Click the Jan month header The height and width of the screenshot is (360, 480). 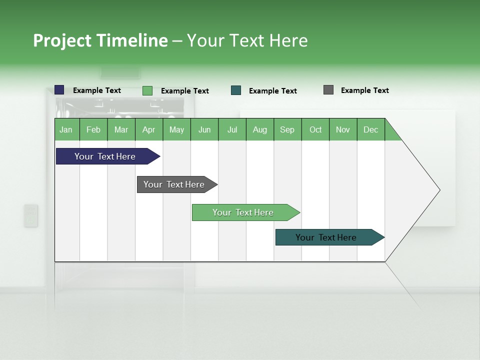[x=66, y=129]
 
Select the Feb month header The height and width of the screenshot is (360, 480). [x=93, y=129]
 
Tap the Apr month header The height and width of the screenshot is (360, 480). [x=149, y=129]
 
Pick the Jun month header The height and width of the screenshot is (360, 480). [x=204, y=129]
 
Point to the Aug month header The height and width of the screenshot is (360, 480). [x=260, y=129]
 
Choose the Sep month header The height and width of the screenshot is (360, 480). [x=287, y=129]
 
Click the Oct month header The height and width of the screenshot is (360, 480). [x=315, y=129]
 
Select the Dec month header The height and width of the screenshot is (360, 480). [x=371, y=129]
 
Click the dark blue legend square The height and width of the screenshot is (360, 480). [x=59, y=90]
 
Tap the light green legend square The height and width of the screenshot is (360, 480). [x=147, y=90]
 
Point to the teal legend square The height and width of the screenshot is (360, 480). [x=236, y=90]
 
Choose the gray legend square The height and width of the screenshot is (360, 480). [x=328, y=90]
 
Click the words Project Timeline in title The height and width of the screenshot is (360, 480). [x=100, y=40]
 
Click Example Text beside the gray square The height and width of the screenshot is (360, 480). [x=364, y=90]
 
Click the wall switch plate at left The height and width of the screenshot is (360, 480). [x=31, y=215]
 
